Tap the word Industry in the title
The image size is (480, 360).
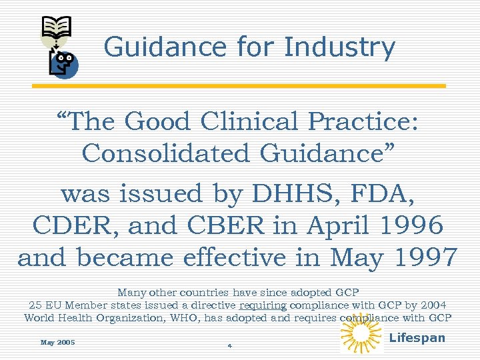coord(339,48)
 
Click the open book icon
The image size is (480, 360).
coord(56,28)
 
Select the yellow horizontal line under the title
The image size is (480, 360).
coord(239,86)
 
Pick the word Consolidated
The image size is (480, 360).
coord(167,153)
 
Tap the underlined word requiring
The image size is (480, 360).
coord(263,305)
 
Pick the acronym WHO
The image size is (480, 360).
coord(186,317)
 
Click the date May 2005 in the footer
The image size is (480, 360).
coord(57,343)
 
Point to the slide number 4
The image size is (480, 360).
coord(229,346)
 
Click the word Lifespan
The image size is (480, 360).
coord(417,337)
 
